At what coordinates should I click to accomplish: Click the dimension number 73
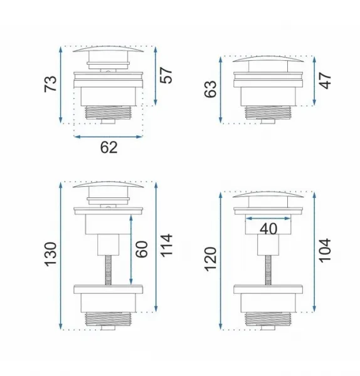point(51,84)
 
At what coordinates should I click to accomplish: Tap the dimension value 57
point(166,75)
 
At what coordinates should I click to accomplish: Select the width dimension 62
point(109,147)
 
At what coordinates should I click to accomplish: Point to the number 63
point(211,89)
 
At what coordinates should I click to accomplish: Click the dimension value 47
point(326,81)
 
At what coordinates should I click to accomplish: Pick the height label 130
point(51,254)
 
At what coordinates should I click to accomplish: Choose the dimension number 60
point(142,249)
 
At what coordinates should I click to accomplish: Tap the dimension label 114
point(166,245)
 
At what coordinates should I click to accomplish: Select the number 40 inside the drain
point(268,229)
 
